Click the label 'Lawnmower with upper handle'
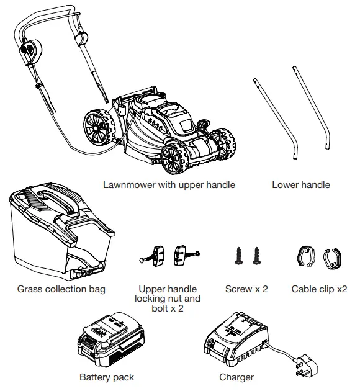tap(169, 185)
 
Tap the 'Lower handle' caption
tap(300, 185)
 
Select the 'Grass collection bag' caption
tap(61, 289)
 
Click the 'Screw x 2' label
tap(247, 289)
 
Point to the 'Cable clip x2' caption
tap(319, 289)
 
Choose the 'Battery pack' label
tap(107, 377)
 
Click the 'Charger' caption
tap(236, 377)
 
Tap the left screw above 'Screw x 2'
tap(238, 255)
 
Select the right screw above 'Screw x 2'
tap(255, 255)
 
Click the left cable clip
tap(305, 256)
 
